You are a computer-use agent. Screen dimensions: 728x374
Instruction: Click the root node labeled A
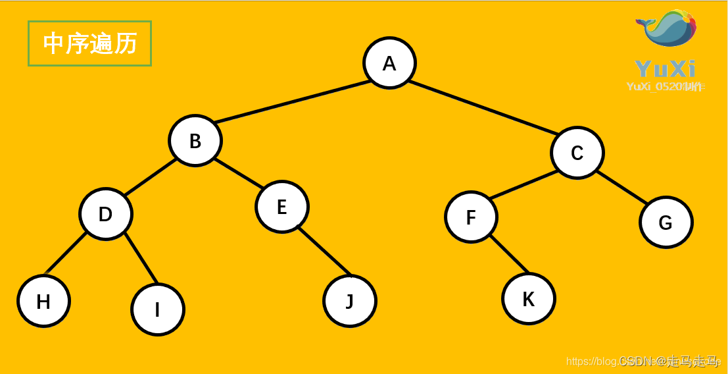pos(389,63)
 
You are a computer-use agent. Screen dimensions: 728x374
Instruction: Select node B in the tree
pos(195,141)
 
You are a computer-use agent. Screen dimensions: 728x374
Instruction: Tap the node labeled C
pos(577,153)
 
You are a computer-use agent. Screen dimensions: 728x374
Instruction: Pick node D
pos(105,214)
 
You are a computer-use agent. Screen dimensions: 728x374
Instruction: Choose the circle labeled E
pos(281,207)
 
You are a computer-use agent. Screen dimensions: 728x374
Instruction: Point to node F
pos(471,217)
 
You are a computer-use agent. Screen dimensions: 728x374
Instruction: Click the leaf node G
pos(666,223)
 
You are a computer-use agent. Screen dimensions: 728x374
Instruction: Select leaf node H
pos(43,302)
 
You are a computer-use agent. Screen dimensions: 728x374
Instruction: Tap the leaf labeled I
pos(157,309)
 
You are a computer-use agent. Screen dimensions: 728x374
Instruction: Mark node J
pos(350,301)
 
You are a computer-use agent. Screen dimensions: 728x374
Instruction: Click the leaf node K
pos(528,299)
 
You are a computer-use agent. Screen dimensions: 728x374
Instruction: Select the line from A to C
pos(484,107)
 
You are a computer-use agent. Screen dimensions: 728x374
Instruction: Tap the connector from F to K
pos(509,255)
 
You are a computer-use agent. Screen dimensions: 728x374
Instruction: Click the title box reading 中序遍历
pos(90,43)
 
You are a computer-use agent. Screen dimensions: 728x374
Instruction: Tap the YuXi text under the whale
pos(665,68)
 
